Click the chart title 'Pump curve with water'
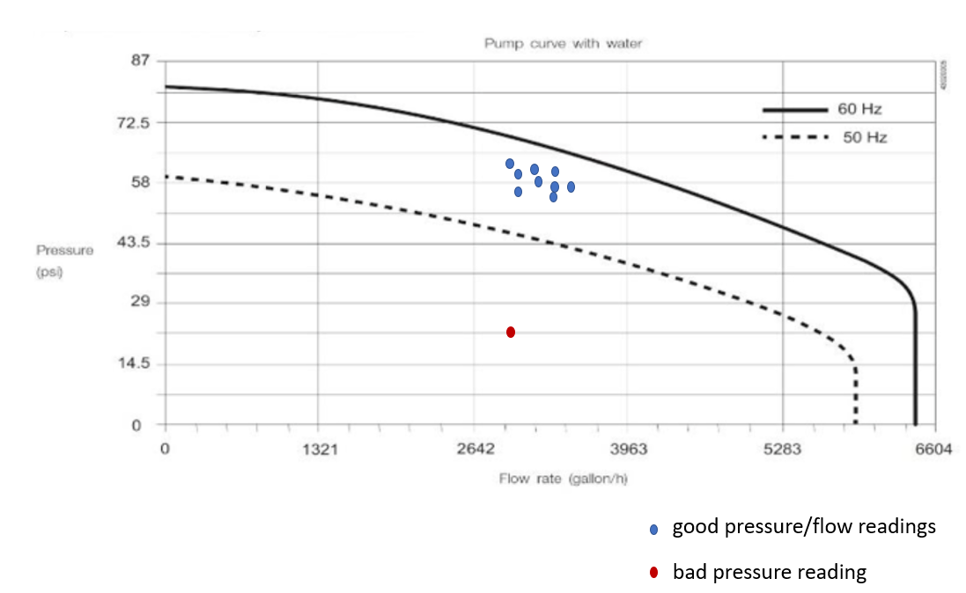tap(562, 43)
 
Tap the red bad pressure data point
tap(511, 332)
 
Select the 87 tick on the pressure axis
tap(142, 61)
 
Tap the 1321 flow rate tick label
tap(321, 449)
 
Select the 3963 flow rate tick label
tap(628, 449)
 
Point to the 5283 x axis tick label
tap(782, 449)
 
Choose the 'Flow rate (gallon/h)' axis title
tap(563, 479)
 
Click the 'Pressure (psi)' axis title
tap(64, 259)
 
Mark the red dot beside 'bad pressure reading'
tap(653, 574)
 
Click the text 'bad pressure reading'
tap(769, 572)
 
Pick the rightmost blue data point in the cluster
tap(571, 187)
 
